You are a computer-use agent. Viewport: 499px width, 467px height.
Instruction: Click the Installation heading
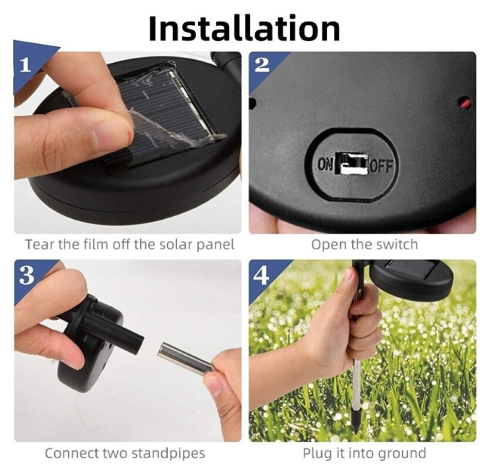[x=244, y=28]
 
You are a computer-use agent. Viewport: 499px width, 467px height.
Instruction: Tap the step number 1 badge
[x=25, y=65]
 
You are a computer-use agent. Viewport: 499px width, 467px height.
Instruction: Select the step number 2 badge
[x=262, y=64]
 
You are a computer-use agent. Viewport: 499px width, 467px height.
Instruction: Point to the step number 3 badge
[x=27, y=275]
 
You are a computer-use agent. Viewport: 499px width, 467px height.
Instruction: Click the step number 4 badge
[x=261, y=275]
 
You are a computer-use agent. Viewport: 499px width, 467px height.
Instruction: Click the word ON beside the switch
[x=325, y=165]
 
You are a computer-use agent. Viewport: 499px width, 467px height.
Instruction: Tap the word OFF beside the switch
[x=380, y=166]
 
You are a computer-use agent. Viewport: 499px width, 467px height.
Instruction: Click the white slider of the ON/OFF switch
[x=352, y=164]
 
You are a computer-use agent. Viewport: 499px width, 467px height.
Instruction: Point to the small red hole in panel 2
[x=466, y=103]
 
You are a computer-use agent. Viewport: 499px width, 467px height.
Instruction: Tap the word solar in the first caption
[x=174, y=244]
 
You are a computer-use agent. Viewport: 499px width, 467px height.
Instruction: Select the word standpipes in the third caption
[x=169, y=453]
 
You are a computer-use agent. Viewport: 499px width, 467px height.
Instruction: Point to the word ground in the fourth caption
[x=404, y=453]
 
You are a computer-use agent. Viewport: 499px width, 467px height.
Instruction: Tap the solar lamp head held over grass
[x=411, y=276]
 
